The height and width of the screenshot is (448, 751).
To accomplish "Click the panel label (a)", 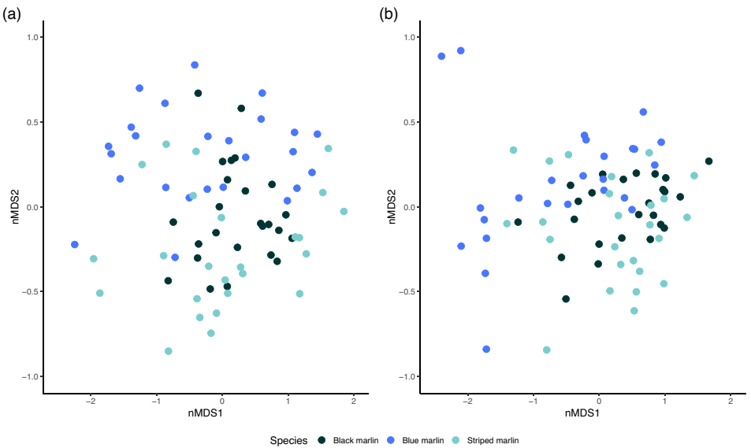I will [x=12, y=14].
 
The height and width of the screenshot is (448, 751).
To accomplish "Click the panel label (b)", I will [x=389, y=14].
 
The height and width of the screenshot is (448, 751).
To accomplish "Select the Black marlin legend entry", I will [x=345, y=440].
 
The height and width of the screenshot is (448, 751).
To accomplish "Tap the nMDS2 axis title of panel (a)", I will [x=15, y=207].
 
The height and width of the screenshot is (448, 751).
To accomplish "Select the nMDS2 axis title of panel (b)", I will [x=392, y=207].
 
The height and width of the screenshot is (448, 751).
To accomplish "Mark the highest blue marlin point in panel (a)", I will [x=195, y=65].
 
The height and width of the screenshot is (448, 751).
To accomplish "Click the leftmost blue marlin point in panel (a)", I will [x=75, y=245].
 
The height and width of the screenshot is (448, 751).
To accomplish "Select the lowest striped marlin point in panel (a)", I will [x=168, y=351].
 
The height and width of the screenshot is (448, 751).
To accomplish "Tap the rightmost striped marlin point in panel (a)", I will [x=344, y=211].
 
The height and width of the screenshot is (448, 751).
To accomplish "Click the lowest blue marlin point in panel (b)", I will [x=486, y=349].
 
